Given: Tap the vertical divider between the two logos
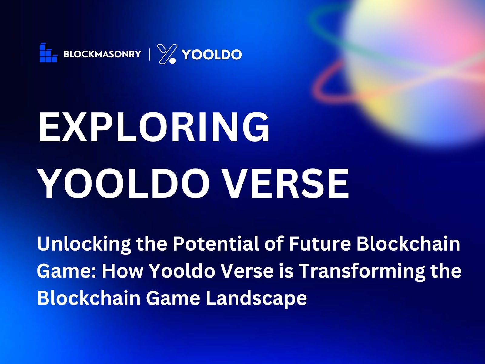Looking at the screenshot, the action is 150,54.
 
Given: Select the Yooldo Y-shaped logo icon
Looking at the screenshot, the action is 167,54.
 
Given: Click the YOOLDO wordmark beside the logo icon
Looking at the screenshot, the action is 212,54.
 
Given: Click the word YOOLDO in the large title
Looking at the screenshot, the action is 124,184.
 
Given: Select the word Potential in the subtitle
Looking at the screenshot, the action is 216,244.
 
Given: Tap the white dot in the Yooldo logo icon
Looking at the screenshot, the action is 172,61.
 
